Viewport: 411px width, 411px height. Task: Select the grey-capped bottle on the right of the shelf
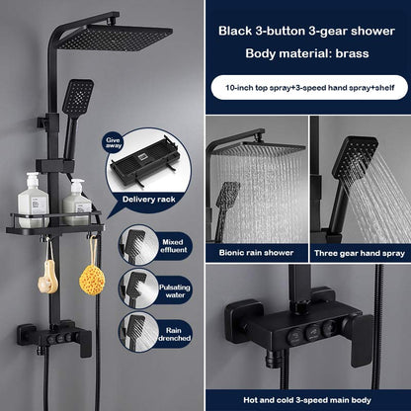coord(77,203)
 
